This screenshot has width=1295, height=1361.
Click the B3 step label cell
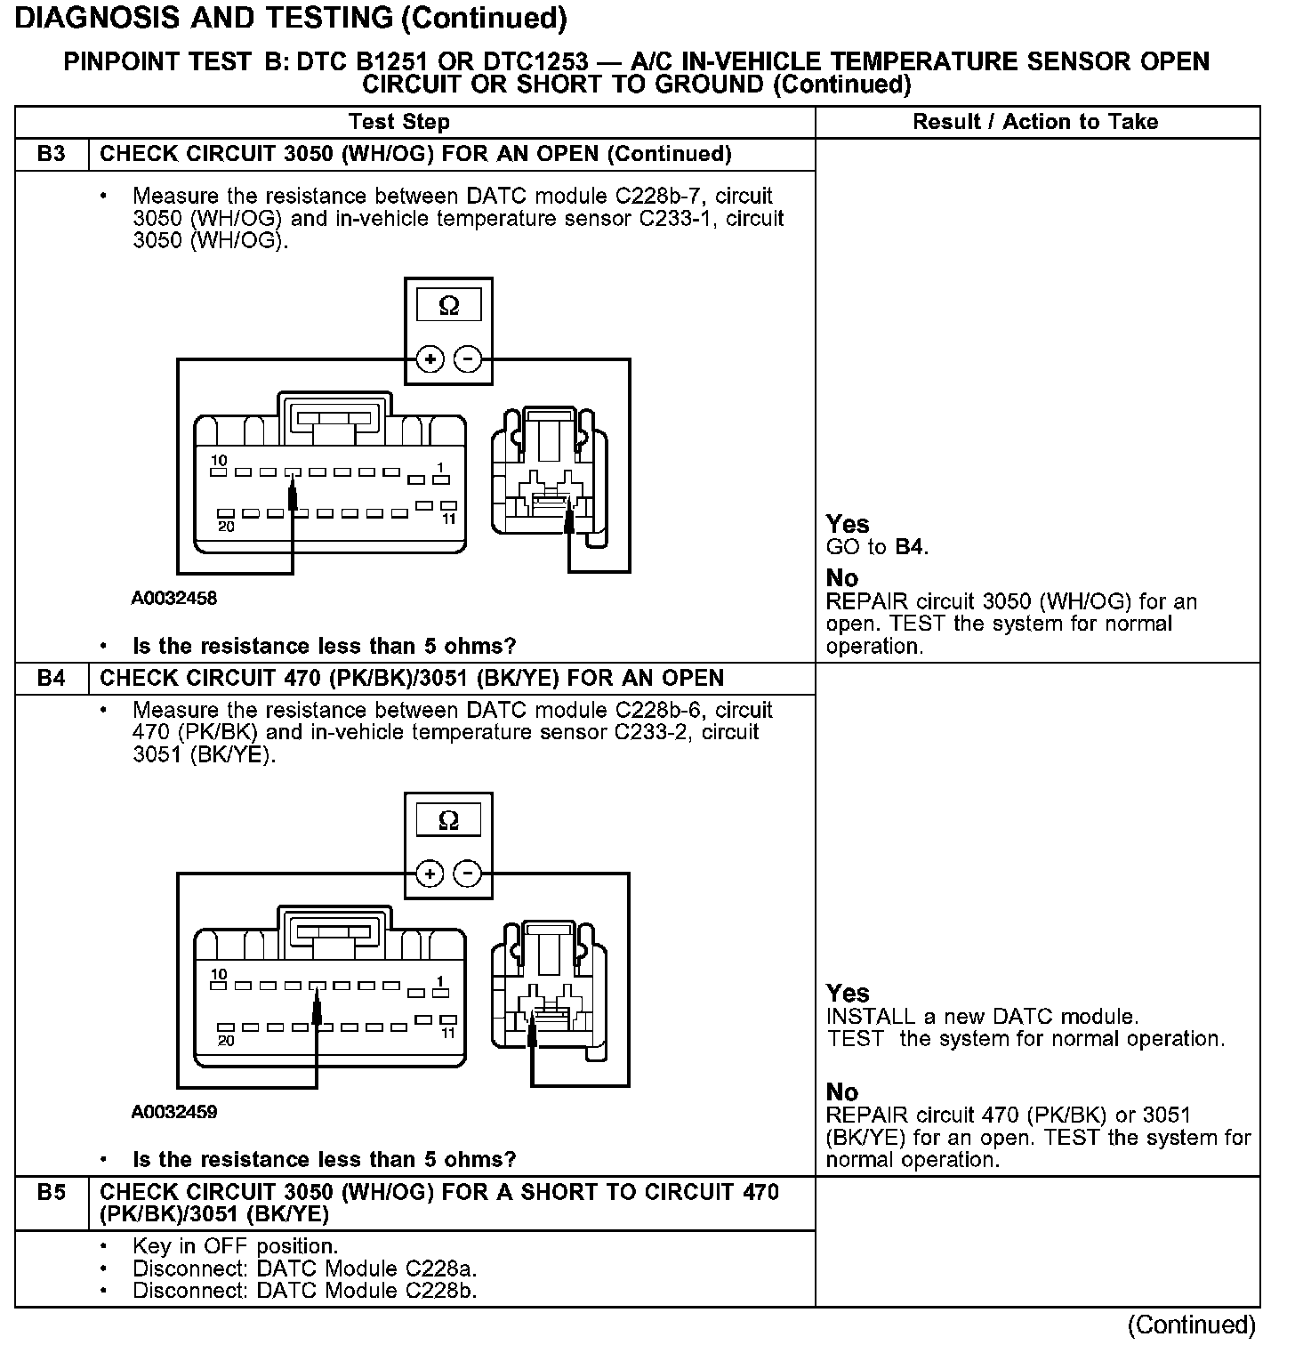(52, 154)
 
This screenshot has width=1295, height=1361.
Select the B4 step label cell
(52, 678)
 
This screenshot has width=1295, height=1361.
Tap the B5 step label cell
(52, 1192)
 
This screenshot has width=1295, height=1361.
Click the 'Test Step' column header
(399, 122)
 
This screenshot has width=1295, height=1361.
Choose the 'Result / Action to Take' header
(1036, 122)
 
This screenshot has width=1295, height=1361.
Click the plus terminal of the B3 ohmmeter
(430, 359)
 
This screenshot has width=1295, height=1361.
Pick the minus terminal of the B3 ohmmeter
(468, 359)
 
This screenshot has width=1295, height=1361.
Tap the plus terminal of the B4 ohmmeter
(430, 874)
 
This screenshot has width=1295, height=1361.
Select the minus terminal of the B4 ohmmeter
(468, 874)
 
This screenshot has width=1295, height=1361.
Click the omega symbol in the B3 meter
(449, 306)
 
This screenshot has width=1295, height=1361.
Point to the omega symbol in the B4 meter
(449, 820)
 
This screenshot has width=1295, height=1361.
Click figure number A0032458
(174, 599)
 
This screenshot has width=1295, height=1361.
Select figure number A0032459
(174, 1112)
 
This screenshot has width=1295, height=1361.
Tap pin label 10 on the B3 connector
(219, 461)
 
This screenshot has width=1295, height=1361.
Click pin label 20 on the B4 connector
(227, 1041)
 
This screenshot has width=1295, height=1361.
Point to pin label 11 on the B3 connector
(448, 519)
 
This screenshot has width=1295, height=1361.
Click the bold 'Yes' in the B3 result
(848, 524)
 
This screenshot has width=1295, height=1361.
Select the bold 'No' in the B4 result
(842, 1091)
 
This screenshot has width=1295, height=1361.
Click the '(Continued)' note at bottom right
(1192, 1325)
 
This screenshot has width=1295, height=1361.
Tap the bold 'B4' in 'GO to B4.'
(910, 547)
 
